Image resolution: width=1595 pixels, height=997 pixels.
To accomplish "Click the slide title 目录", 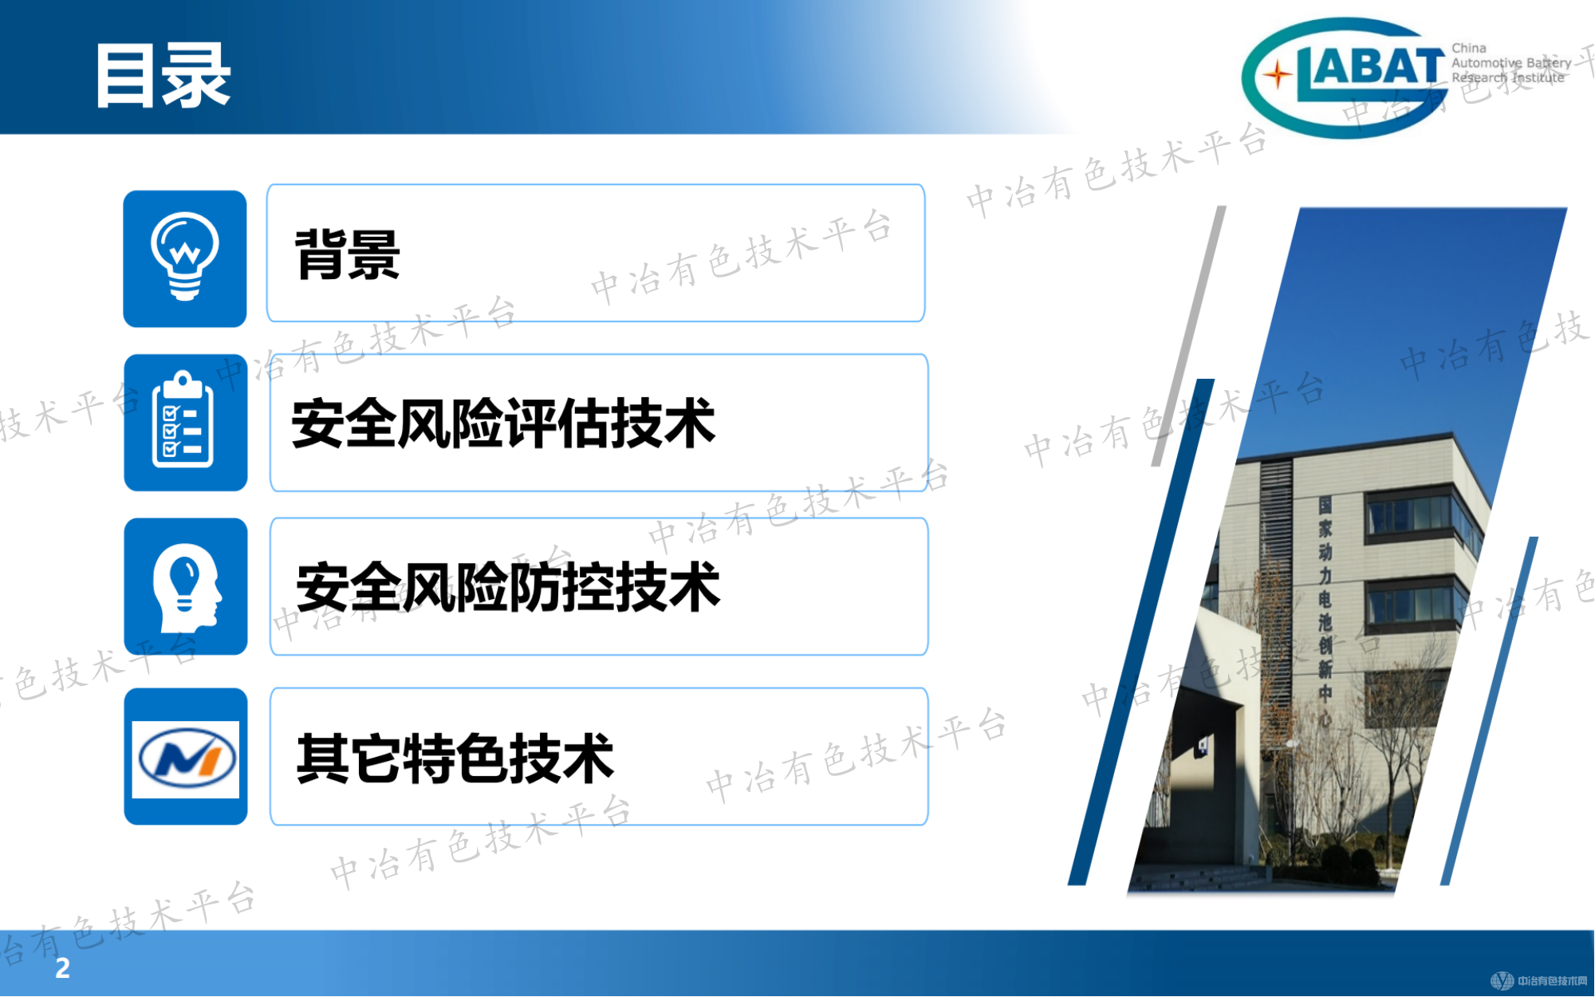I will (x=163, y=76).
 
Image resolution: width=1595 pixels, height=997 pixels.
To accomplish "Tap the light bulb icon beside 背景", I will (x=185, y=257).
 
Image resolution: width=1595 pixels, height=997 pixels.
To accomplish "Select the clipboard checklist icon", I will (x=183, y=420).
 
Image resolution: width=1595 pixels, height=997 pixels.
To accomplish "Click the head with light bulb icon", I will (x=187, y=587).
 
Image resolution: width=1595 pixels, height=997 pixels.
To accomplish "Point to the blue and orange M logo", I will (x=186, y=758).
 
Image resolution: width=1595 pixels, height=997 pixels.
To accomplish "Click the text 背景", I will (x=348, y=255).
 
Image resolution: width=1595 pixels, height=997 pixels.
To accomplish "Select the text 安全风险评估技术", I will (x=503, y=424).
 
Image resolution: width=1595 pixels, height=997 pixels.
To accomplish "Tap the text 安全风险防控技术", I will (x=508, y=588).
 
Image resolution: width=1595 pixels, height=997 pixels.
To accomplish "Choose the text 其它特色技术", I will (x=455, y=759).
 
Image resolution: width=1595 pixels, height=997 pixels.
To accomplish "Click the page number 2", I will (x=62, y=967).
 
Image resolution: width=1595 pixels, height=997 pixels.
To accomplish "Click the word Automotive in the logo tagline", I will (x=1487, y=63).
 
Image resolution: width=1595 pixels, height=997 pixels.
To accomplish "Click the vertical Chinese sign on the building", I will (x=1325, y=610).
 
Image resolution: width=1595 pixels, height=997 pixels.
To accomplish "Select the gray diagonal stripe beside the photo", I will (x=1188, y=335).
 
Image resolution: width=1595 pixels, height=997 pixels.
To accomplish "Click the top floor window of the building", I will (x=1408, y=513).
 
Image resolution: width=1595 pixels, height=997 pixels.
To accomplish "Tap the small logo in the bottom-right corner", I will (x=1539, y=980).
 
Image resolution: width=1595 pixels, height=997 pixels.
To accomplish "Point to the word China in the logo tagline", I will (x=1469, y=48).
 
